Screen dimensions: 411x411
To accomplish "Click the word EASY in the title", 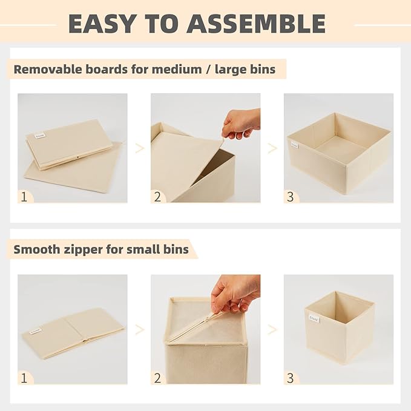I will (x=102, y=23).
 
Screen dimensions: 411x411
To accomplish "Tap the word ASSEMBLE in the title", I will (x=256, y=23).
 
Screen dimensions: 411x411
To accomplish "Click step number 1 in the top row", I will (x=24, y=196).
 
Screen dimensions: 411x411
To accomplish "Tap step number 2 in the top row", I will (x=158, y=196).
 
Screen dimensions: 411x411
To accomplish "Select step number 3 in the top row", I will (x=291, y=196).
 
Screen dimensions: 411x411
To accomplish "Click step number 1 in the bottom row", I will (x=24, y=378).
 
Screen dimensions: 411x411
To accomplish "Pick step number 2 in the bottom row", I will (x=158, y=378).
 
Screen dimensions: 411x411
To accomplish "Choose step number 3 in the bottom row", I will (x=291, y=378).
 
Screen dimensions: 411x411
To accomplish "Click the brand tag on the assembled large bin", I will (x=294, y=145).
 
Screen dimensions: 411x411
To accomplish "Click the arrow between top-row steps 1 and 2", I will (x=139, y=148).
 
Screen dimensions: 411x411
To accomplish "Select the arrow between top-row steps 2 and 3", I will (x=272, y=148).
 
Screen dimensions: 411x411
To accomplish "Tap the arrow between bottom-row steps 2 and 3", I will (x=272, y=330).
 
